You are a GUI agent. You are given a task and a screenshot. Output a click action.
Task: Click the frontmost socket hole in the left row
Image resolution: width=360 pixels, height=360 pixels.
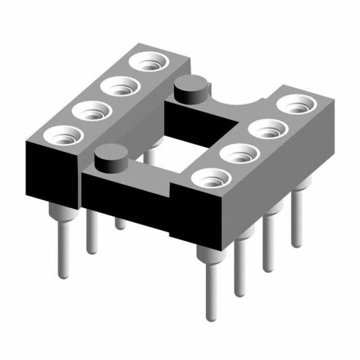tap(60, 136)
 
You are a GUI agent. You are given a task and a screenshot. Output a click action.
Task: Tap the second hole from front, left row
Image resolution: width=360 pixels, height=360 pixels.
tap(88, 112)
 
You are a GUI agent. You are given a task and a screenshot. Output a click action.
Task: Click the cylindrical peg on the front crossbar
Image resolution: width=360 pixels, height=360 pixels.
tap(110, 158)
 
